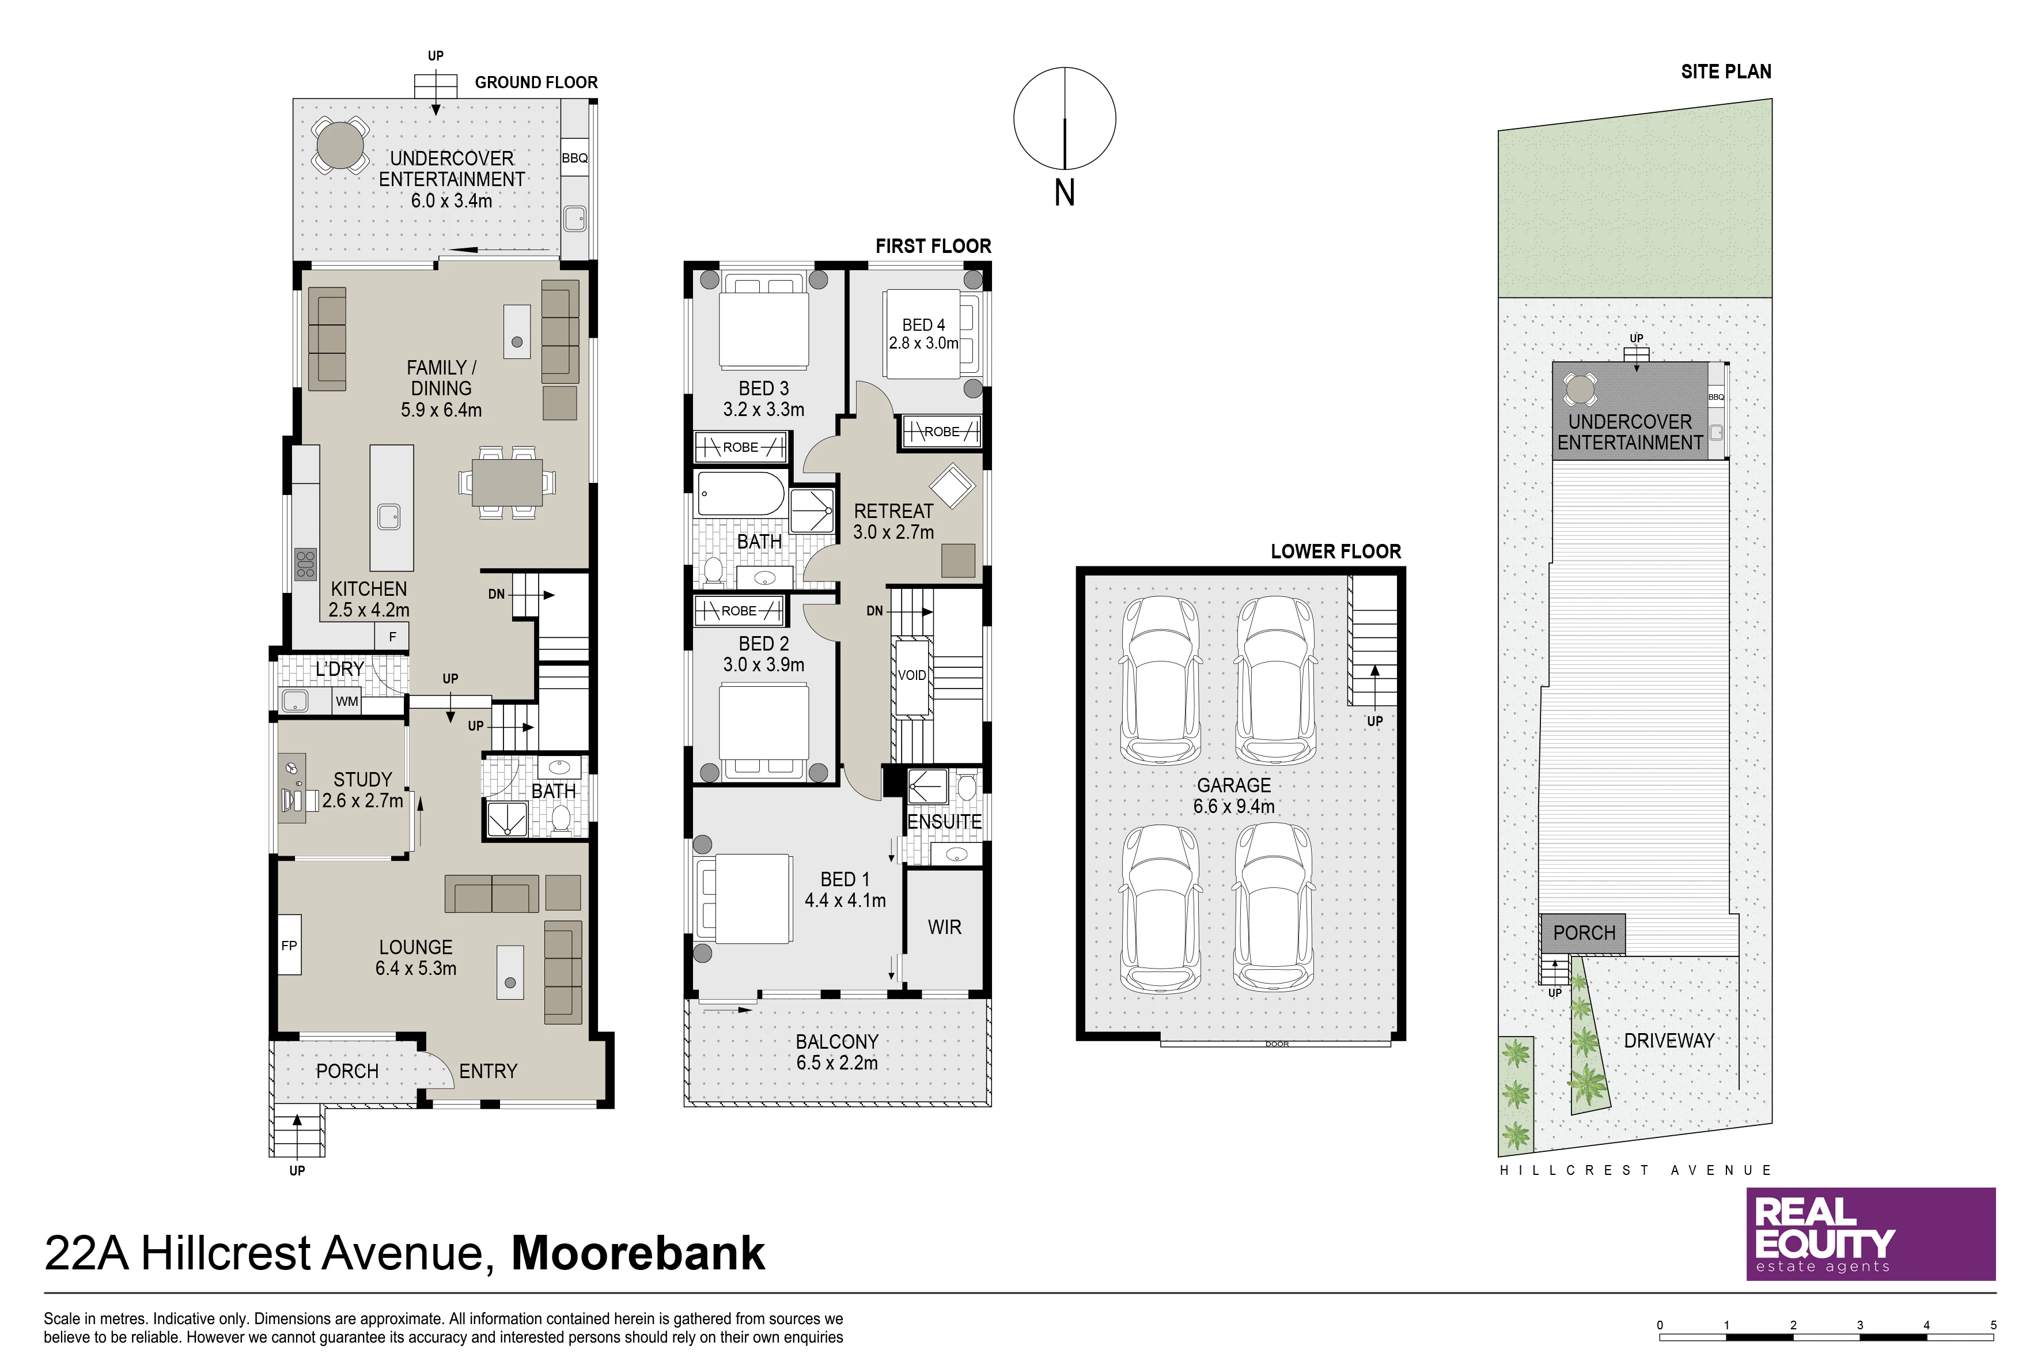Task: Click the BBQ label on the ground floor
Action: pos(574,158)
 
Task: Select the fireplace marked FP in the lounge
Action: pos(290,945)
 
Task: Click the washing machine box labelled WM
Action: pos(347,701)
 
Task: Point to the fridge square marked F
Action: pos(392,636)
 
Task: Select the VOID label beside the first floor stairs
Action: pos(911,675)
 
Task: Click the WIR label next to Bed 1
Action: pos(944,927)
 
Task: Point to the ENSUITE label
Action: pos(944,821)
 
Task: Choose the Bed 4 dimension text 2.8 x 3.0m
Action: pos(923,343)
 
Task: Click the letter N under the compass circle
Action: pos(1065,192)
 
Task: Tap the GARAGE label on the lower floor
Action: pos(1234,785)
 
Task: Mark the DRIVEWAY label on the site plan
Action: pos(1669,1040)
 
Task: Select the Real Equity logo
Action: pos(1871,1234)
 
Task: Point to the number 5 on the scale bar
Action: pos(1993,1325)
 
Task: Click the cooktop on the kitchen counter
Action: pos(305,564)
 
